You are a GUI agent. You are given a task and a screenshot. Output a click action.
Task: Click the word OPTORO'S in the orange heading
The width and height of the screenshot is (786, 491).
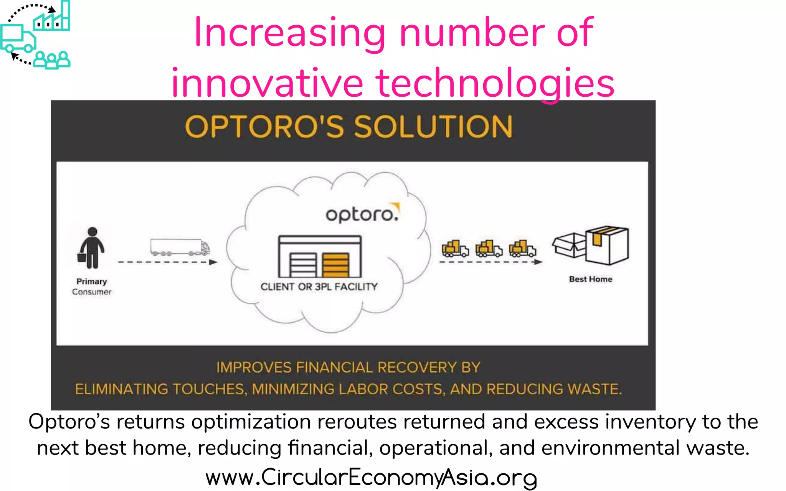coord(265,127)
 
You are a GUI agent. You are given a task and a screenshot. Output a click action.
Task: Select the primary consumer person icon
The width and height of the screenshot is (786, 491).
coord(91,248)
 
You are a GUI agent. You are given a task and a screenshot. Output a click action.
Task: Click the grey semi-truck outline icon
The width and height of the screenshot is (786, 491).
coord(180,247)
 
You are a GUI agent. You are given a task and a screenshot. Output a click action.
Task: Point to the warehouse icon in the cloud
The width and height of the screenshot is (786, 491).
coord(320,257)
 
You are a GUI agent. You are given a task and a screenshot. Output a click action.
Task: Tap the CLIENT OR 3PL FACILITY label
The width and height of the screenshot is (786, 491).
coord(319,287)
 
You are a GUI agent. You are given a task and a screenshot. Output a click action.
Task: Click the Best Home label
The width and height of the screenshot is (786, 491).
coord(590,279)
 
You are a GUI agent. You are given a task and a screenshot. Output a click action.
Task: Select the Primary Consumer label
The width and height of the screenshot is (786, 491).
coord(91,287)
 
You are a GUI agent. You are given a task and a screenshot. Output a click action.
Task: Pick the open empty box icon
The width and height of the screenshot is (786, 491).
coord(569,245)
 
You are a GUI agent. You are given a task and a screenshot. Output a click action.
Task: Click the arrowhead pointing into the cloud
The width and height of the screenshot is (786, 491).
coord(213,262)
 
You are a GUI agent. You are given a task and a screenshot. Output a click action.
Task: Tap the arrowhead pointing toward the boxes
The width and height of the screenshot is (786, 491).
coord(538,262)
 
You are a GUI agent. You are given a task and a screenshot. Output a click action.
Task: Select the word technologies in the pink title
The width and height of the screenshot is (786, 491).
coord(495,83)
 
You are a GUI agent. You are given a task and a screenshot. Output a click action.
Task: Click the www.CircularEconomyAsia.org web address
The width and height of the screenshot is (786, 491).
coord(371,478)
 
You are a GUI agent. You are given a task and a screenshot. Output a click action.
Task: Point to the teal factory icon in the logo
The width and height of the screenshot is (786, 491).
coord(52,18)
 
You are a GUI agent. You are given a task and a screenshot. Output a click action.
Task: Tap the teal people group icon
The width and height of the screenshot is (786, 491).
coord(52,60)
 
